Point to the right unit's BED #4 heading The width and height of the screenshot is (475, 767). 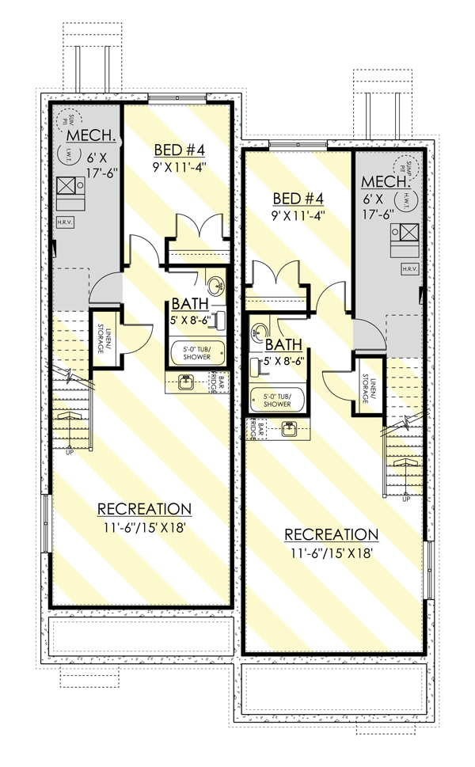tap(297, 198)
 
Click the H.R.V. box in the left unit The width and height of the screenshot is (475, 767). tap(65, 222)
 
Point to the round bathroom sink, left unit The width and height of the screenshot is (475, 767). tap(215, 285)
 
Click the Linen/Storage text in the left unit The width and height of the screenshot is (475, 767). tap(102, 340)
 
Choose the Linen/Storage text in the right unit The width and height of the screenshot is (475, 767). tap(366, 387)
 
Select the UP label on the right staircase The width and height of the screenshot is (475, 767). tap(405, 499)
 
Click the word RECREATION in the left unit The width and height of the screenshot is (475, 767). tap(143, 508)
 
